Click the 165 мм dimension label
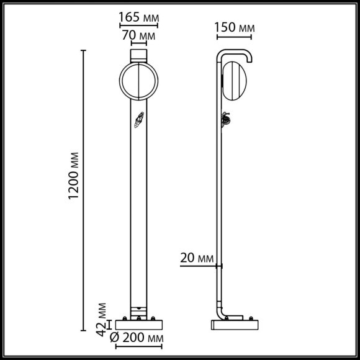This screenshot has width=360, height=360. (x=138, y=17)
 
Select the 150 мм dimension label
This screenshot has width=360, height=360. (x=235, y=28)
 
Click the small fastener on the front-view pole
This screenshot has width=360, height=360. (x=140, y=120)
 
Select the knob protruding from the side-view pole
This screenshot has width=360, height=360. (x=225, y=119)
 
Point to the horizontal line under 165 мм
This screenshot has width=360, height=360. (x=138, y=26)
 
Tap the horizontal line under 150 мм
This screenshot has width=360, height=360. (x=235, y=37)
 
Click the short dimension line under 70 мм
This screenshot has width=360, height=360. (x=138, y=45)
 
